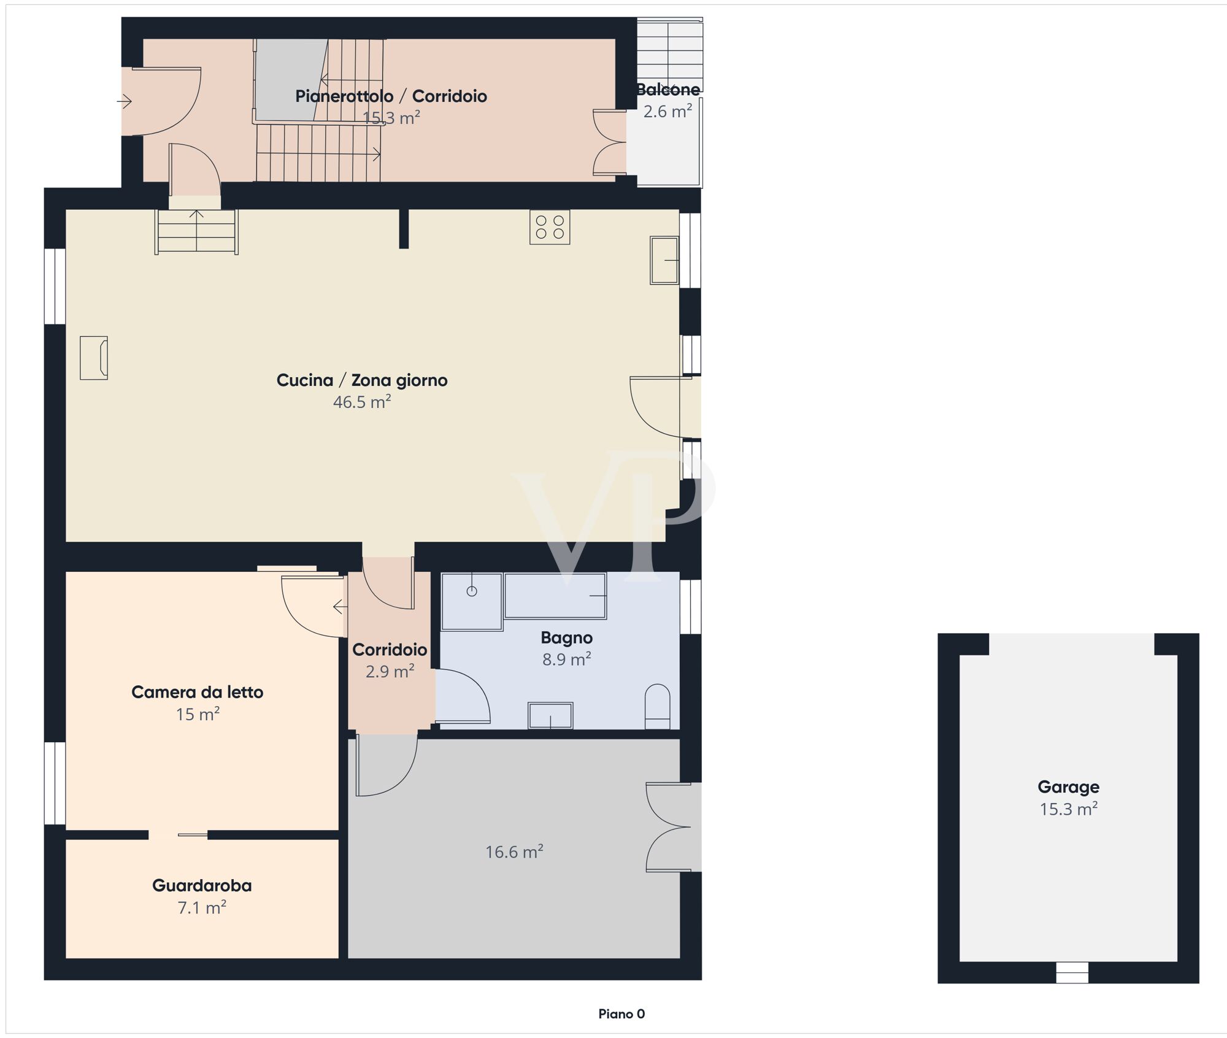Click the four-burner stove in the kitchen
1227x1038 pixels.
[x=550, y=227]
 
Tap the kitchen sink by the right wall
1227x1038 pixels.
[x=664, y=260]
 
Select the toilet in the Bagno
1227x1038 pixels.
[x=658, y=706]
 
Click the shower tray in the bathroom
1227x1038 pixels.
[x=472, y=602]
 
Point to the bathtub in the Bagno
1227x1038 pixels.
[x=555, y=596]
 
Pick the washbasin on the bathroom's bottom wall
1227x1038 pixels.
[x=550, y=715]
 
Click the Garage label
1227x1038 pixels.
[x=1068, y=787]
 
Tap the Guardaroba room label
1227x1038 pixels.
[x=202, y=885]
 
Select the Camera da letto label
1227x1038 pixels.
[x=198, y=692]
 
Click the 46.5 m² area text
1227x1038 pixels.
[x=362, y=402]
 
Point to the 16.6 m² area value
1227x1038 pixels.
[x=514, y=852]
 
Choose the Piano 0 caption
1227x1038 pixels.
[x=621, y=1014]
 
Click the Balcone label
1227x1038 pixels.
[x=668, y=90]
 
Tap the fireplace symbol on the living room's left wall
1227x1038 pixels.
[x=94, y=358]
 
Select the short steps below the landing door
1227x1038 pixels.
[x=196, y=231]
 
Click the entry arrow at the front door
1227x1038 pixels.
[x=125, y=101]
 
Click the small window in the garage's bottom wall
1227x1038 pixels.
[x=1072, y=973]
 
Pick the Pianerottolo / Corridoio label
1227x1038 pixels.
[x=391, y=96]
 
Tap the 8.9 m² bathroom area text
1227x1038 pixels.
[x=566, y=659]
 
